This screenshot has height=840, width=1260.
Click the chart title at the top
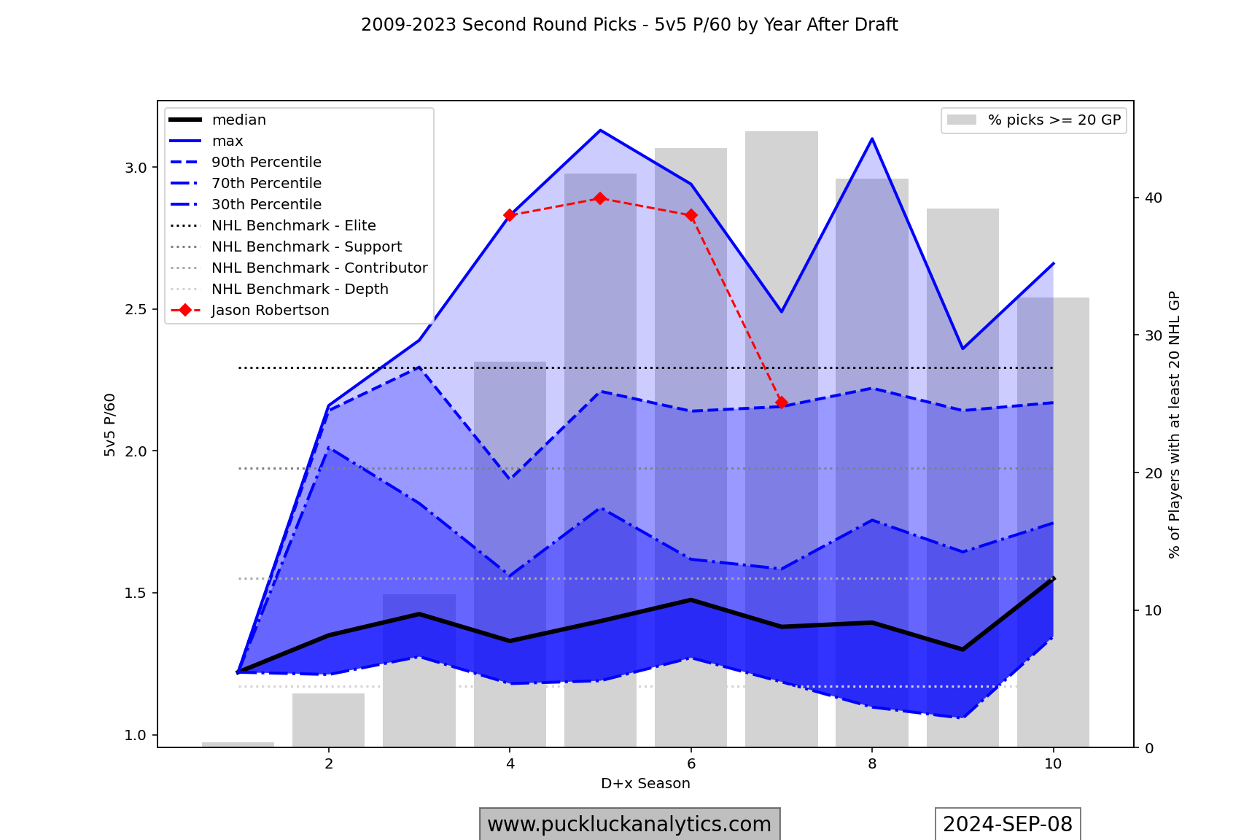(629, 25)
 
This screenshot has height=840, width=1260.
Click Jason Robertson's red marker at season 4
(510, 215)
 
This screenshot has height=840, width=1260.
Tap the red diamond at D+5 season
(600, 198)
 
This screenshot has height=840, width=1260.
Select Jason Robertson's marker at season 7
(782, 402)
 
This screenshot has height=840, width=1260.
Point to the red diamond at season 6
(691, 215)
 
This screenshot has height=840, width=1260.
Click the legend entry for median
(238, 120)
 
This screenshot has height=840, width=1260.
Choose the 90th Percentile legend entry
(266, 163)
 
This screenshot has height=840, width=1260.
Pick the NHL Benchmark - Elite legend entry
(293, 226)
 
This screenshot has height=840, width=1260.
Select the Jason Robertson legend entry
(270, 311)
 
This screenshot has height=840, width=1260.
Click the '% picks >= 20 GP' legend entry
(1054, 120)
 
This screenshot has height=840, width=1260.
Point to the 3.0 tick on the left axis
(136, 168)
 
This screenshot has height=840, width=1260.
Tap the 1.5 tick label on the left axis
(136, 594)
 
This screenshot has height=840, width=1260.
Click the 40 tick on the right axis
(1153, 198)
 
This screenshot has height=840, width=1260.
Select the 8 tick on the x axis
(872, 764)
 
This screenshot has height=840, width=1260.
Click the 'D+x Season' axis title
(645, 784)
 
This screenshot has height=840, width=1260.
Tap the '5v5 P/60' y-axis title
(110, 425)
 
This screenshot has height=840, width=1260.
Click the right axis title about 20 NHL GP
(1174, 425)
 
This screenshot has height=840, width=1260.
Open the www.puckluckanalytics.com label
(629, 825)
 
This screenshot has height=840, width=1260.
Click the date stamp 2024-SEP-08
(1008, 825)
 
